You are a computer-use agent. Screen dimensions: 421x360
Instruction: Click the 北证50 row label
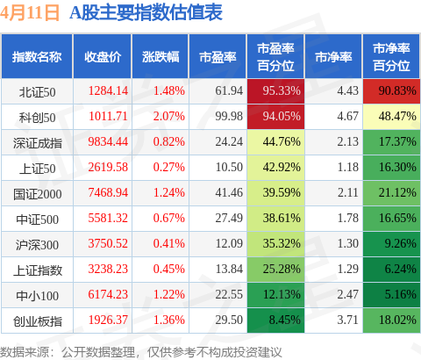click(37, 92)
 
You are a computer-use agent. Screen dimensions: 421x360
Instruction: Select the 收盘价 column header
click(103, 57)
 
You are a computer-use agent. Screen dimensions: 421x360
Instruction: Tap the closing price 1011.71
click(108, 116)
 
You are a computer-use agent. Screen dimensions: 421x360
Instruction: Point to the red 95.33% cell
click(275, 91)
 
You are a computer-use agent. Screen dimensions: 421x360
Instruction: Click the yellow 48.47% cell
click(391, 117)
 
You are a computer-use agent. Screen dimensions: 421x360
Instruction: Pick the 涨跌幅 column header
click(161, 57)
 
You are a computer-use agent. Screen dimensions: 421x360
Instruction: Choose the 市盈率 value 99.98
click(229, 116)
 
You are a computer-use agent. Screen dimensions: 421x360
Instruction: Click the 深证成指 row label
click(38, 143)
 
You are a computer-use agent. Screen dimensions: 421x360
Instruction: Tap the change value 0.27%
click(169, 167)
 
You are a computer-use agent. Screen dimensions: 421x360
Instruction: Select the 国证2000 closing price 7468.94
click(108, 192)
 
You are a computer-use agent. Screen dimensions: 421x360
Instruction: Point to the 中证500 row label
click(37, 220)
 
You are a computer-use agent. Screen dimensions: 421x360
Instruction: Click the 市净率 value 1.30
click(348, 243)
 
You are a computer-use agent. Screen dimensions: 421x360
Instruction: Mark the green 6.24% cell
click(391, 270)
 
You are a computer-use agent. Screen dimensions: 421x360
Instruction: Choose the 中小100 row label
click(37, 296)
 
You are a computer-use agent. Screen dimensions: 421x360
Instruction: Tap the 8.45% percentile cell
click(275, 320)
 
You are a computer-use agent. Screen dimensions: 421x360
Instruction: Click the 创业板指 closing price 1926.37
click(108, 320)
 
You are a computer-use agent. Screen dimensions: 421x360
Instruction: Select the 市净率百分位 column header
click(391, 57)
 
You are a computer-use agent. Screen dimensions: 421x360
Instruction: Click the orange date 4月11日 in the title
click(30, 13)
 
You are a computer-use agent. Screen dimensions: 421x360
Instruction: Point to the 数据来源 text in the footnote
click(25, 351)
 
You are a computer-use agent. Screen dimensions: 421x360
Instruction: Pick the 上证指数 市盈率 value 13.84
click(229, 269)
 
